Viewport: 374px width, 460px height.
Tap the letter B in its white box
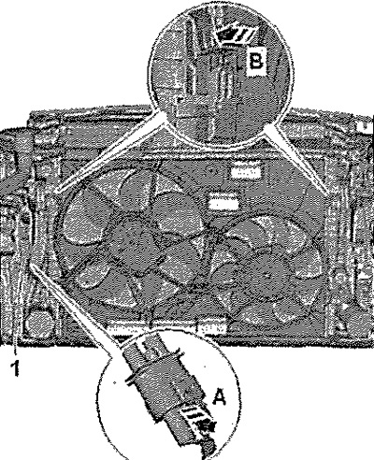256,62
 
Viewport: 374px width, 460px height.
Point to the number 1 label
14,368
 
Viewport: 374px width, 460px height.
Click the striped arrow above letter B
236,35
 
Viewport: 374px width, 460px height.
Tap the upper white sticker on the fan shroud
246,172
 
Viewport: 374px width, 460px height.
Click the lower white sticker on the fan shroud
223,203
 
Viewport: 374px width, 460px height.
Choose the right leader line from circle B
296,161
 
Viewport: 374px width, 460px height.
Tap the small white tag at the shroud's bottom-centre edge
213,328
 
